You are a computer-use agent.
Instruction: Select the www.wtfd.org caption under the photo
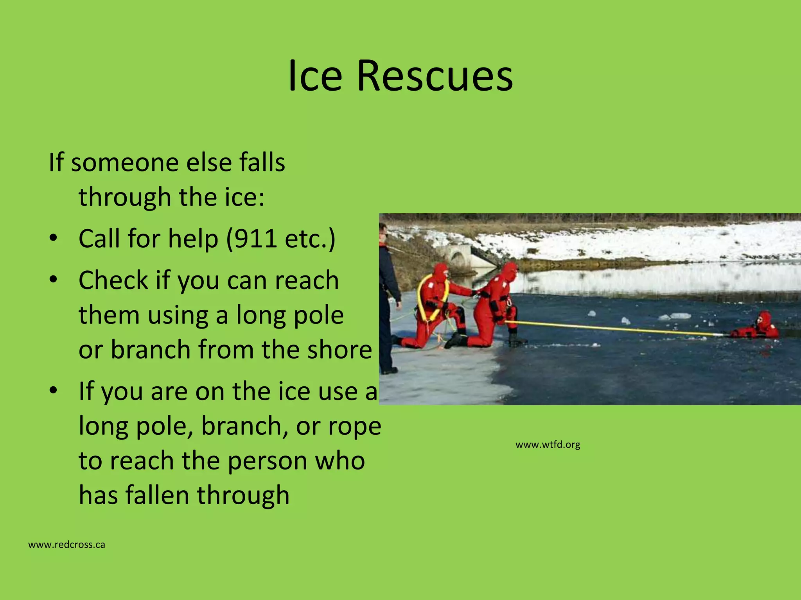(548, 445)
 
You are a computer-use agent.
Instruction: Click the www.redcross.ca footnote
(66, 545)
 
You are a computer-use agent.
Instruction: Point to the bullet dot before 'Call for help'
(54, 239)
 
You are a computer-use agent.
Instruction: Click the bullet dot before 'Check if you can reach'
(54, 280)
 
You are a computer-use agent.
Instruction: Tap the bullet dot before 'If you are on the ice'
(54, 391)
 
